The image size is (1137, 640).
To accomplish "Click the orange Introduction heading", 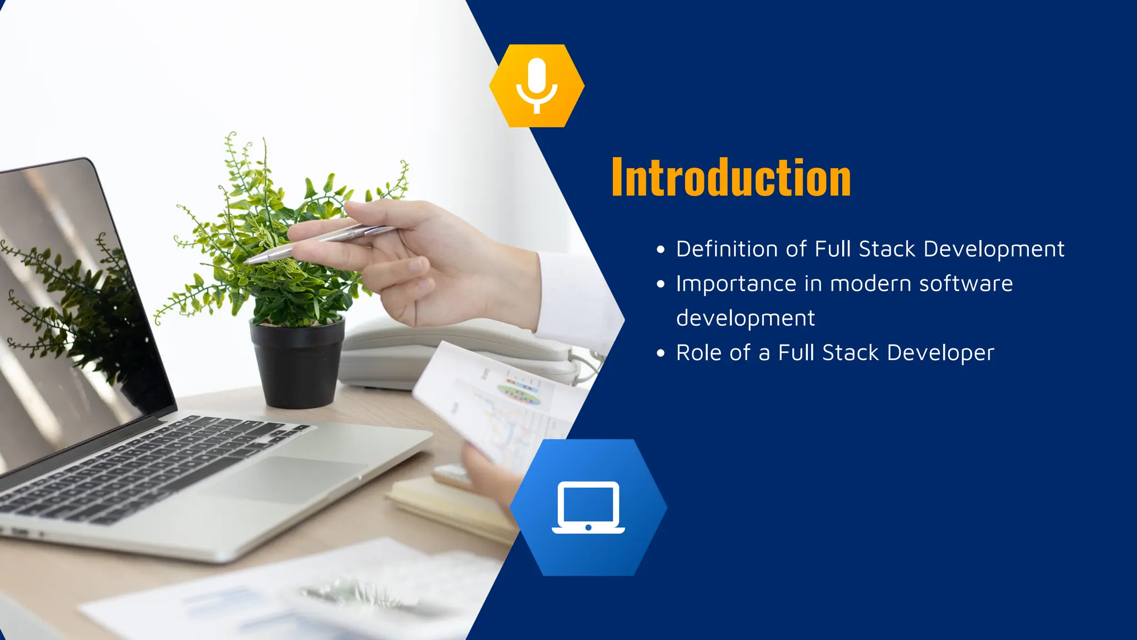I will pyautogui.click(x=731, y=178).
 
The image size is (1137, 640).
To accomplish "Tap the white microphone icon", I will pyautogui.click(x=536, y=85).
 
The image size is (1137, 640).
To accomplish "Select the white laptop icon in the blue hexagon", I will pyautogui.click(x=588, y=507).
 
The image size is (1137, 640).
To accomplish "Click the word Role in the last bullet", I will pyautogui.click(x=695, y=353).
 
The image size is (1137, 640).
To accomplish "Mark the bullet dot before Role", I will pyautogui.click(x=660, y=353).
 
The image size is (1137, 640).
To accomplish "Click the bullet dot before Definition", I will pyautogui.click(x=660, y=250).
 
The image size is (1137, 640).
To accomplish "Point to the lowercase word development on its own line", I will pyautogui.click(x=745, y=319).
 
